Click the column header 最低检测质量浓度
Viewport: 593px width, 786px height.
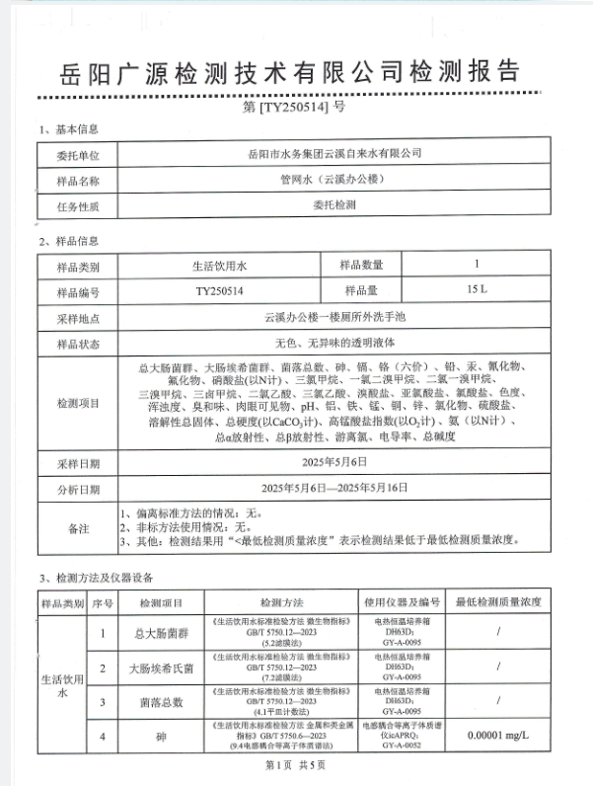point(497,601)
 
